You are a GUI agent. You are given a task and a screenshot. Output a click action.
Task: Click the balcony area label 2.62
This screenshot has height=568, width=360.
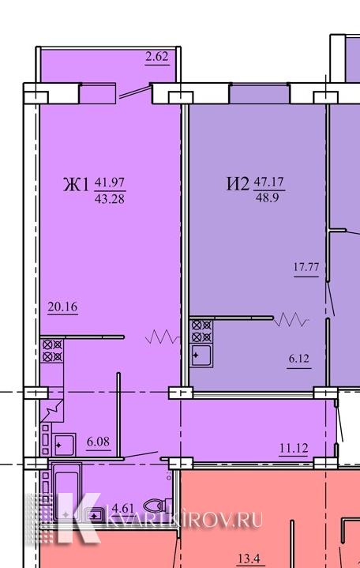point(157,57)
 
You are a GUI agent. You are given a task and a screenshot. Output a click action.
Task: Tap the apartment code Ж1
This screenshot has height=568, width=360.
point(76,185)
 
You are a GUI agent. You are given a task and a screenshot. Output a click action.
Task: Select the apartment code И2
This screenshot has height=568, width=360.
point(238,183)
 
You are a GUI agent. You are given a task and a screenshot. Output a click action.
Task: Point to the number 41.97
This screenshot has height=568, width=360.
point(110,182)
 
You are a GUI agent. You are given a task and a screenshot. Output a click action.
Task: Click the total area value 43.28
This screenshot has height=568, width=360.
point(110,199)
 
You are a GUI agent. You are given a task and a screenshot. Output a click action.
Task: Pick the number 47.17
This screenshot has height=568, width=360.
point(268,181)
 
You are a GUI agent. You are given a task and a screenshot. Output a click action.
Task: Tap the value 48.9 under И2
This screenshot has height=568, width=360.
point(267,197)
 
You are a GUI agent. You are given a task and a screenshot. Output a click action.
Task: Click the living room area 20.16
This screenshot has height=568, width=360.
point(62,307)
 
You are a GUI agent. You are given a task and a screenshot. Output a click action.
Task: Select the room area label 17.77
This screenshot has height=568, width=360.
point(306,267)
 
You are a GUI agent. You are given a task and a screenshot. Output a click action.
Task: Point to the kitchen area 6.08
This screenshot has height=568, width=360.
point(98,442)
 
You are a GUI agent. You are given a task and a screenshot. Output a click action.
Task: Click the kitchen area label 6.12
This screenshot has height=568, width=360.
point(299,359)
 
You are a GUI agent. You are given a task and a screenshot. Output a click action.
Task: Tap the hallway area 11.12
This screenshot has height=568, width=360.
point(294,449)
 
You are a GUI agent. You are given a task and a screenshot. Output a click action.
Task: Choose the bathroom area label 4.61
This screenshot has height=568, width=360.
point(123,508)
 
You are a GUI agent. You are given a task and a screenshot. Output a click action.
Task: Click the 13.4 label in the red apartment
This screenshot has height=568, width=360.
point(250,559)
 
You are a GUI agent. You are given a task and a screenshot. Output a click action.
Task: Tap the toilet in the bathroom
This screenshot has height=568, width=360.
point(158,505)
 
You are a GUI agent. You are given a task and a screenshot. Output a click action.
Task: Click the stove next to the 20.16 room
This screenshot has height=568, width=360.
point(52,351)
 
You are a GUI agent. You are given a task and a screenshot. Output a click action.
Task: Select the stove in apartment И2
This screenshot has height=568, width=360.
point(201,331)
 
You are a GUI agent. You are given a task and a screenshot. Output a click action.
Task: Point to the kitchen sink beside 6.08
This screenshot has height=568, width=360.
point(65,444)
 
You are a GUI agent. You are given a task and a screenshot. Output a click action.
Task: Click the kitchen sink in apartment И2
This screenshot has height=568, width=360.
point(201,355)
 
